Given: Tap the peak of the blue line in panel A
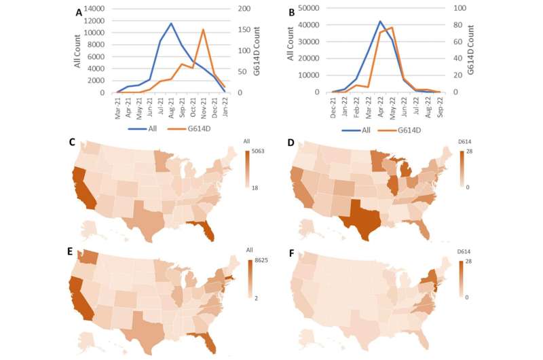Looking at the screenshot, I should (x=171, y=23).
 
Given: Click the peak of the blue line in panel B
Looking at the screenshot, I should (x=380, y=21).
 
